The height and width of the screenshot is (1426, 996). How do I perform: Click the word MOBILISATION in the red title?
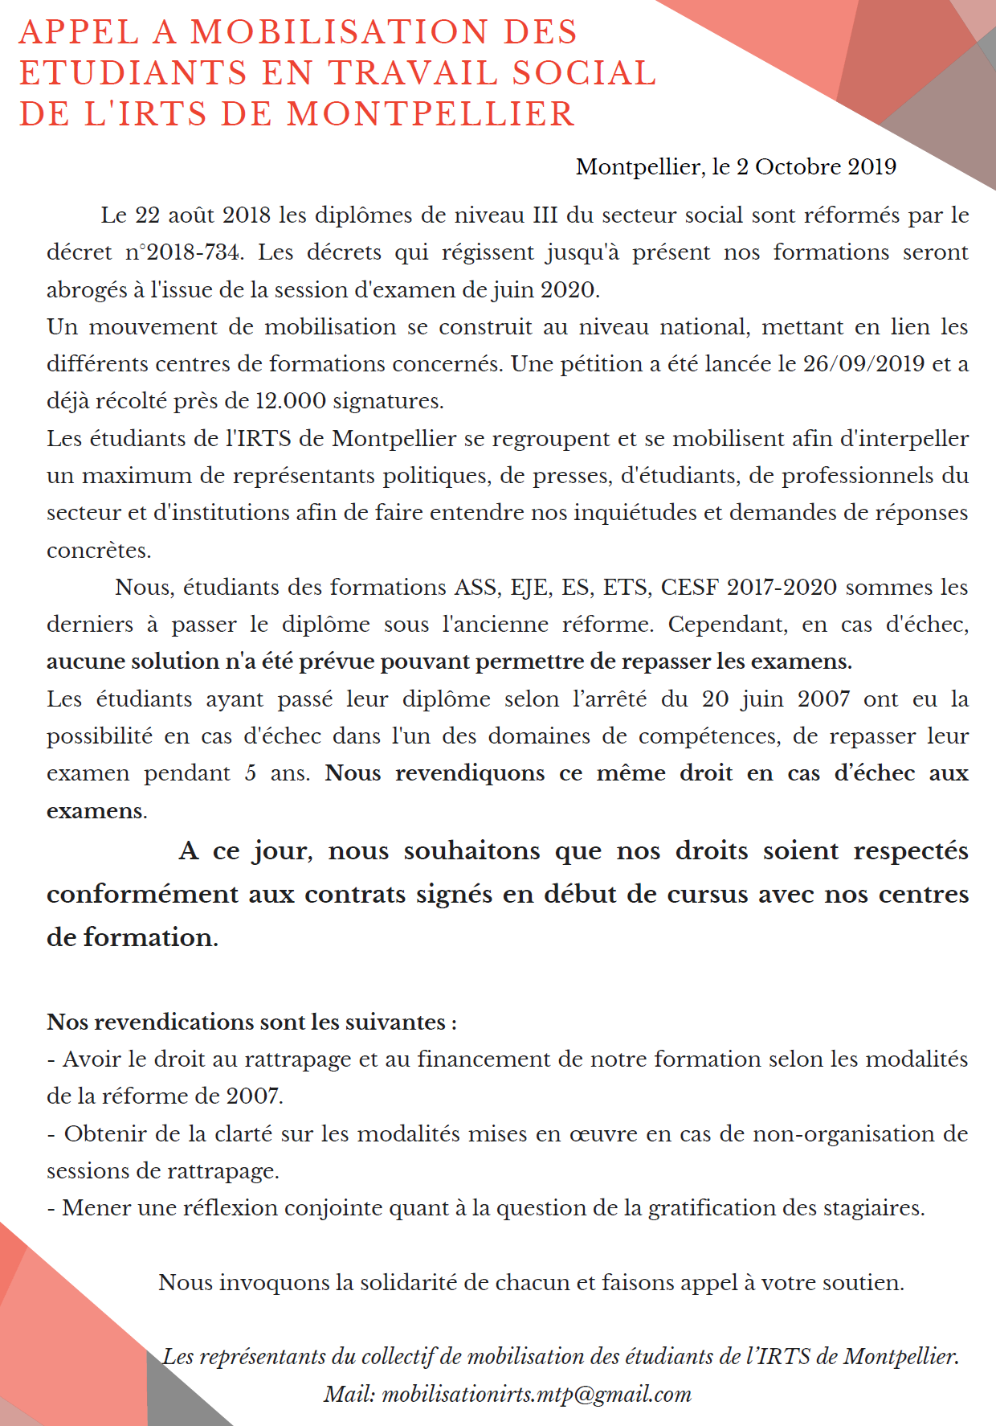click(x=339, y=32)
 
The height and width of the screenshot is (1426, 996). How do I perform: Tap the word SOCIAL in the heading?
click(x=585, y=73)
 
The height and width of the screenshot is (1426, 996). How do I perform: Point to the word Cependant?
click(x=728, y=624)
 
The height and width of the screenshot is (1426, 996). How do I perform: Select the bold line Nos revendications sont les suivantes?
click(x=251, y=1022)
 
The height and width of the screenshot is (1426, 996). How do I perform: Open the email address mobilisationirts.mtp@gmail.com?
click(x=537, y=1394)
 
